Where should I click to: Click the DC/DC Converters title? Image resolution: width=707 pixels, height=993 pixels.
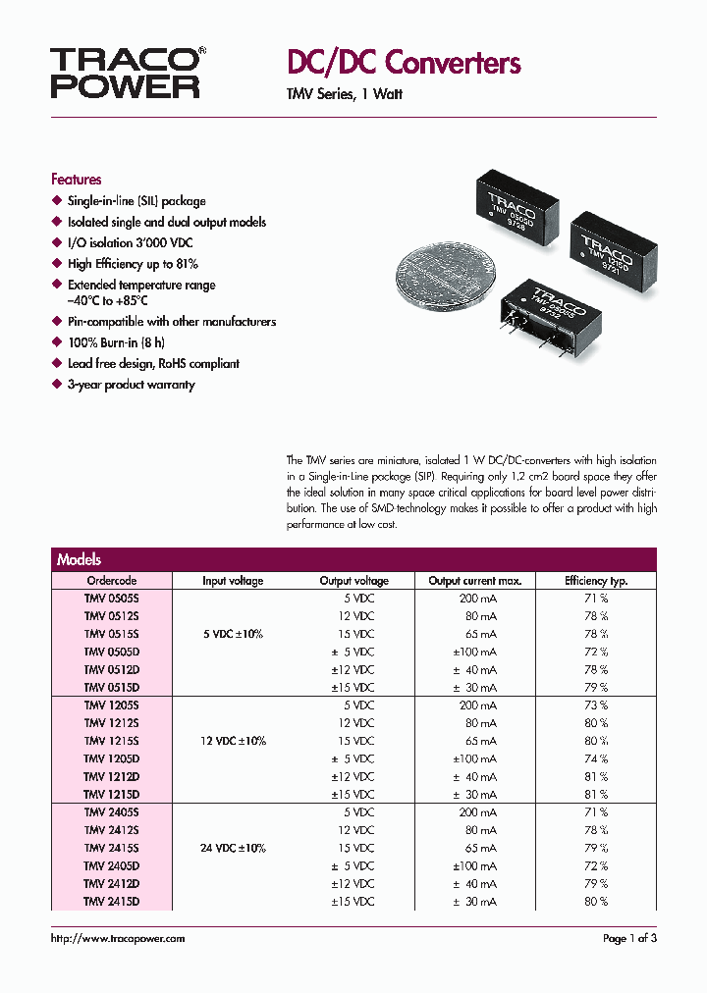pos(403,64)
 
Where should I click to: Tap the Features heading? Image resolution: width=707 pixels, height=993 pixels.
pos(76,180)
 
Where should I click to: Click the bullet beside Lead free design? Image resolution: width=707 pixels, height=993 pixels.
pos(57,364)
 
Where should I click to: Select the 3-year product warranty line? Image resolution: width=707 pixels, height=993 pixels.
pos(131,385)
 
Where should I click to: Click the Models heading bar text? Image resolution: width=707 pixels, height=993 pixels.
pos(79,559)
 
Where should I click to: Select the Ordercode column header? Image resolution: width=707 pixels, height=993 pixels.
pos(112,581)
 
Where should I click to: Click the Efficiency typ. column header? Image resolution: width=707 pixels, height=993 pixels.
pos(596,581)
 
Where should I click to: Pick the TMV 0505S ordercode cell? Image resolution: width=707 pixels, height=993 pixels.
pos(112,598)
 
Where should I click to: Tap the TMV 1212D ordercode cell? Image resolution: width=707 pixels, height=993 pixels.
pos(112,776)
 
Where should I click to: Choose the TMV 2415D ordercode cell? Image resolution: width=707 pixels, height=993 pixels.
pos(112,901)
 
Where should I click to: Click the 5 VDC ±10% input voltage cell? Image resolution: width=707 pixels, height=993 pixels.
pos(234,634)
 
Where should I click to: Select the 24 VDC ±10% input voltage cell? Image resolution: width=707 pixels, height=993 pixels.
pos(234,848)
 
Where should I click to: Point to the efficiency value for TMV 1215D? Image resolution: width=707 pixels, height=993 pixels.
pos(597,794)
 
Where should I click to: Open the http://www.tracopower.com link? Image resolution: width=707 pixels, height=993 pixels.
pos(118,939)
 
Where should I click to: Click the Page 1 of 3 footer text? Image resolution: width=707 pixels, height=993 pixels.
pos(629,939)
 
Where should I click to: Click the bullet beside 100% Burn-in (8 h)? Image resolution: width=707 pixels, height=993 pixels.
pos(57,343)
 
